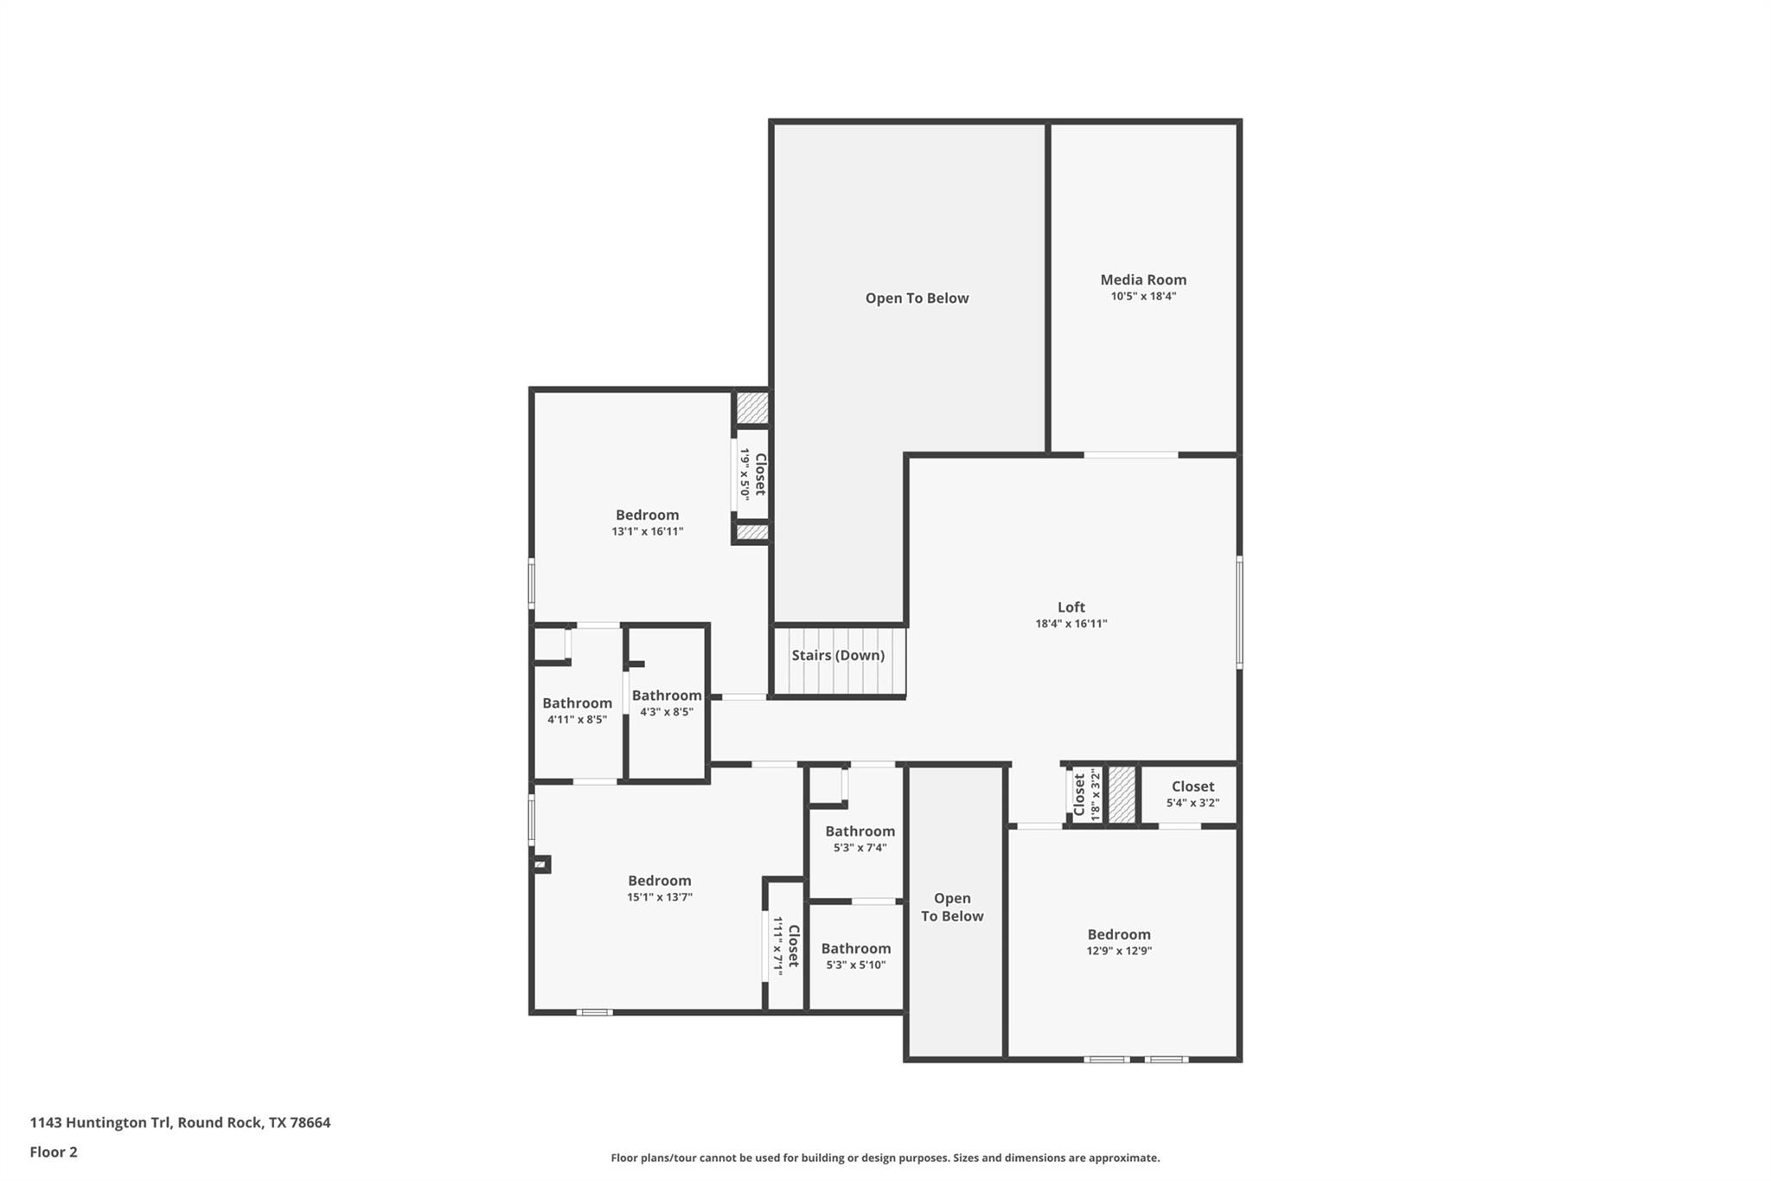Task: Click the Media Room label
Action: coord(1142,279)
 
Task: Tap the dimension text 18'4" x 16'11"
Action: coord(1071,624)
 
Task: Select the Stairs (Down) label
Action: coord(837,655)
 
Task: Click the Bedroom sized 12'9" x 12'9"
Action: coord(1118,934)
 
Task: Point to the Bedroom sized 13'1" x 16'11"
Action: coord(647,515)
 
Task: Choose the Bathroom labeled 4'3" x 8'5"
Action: coord(666,696)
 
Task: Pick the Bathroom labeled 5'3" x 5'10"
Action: coord(855,948)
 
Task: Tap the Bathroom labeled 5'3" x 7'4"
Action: coord(860,831)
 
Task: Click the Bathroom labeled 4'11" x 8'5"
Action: coord(577,703)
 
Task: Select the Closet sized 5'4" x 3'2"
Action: coord(1192,786)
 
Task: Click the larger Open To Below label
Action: coord(917,298)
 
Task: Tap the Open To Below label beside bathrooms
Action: coord(952,907)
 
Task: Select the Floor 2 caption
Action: coord(54,1152)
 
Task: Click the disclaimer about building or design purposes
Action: coord(885,1158)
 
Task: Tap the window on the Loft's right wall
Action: coord(1239,612)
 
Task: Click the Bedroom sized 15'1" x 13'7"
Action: coord(659,881)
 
